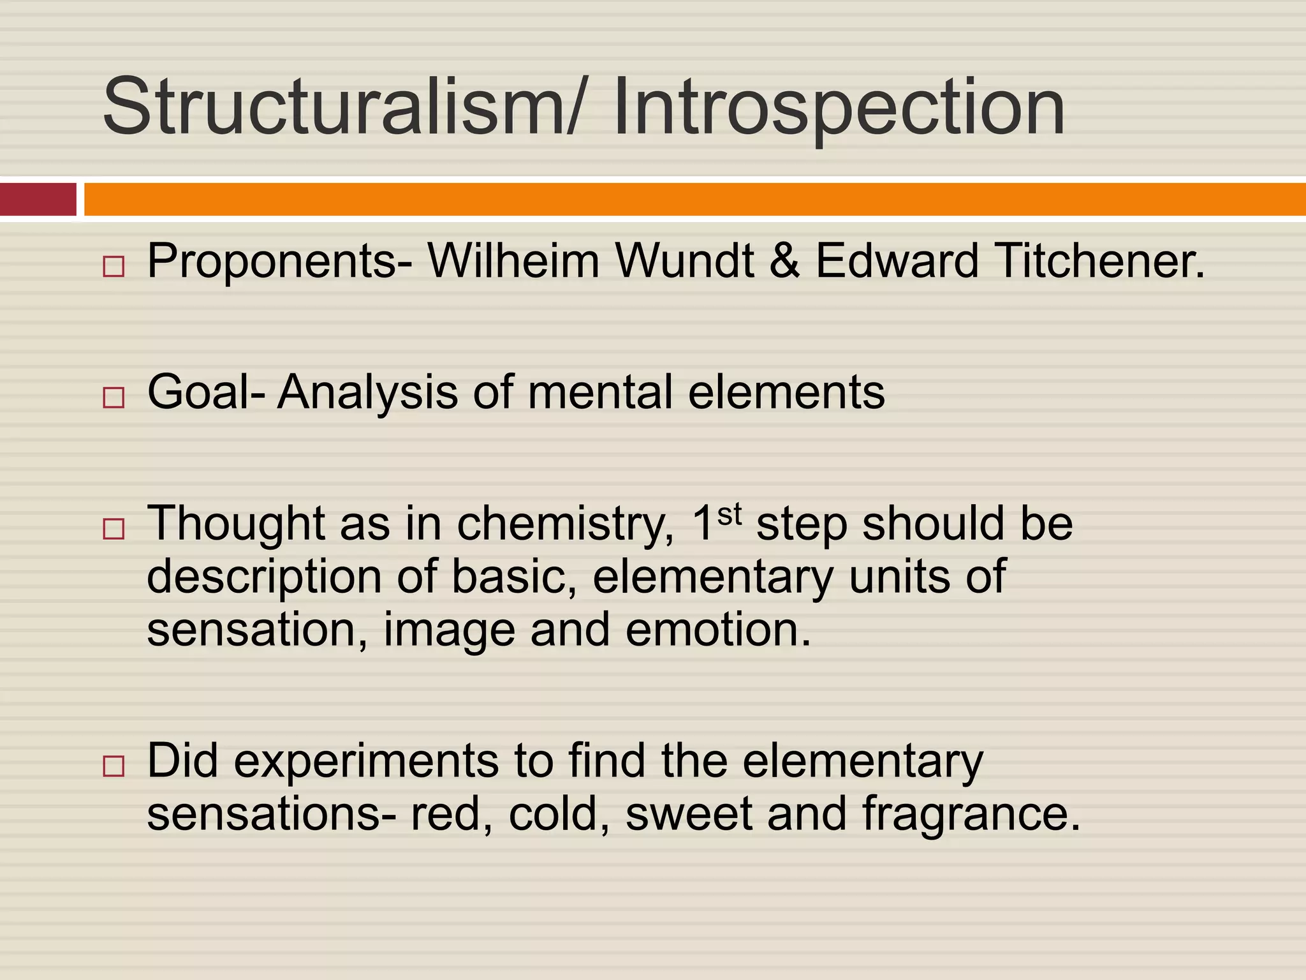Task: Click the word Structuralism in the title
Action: [x=332, y=107]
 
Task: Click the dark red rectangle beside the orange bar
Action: [x=38, y=199]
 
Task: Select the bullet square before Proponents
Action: [x=114, y=267]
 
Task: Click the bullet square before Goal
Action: [x=114, y=397]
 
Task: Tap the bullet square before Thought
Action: [x=114, y=529]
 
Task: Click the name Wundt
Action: [x=684, y=261]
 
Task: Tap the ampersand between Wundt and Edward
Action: [x=784, y=261]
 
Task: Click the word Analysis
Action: [x=367, y=392]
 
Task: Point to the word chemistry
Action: [x=565, y=524]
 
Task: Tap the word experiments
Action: [x=366, y=762]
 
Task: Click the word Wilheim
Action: [x=513, y=261]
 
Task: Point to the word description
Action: [x=264, y=577]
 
